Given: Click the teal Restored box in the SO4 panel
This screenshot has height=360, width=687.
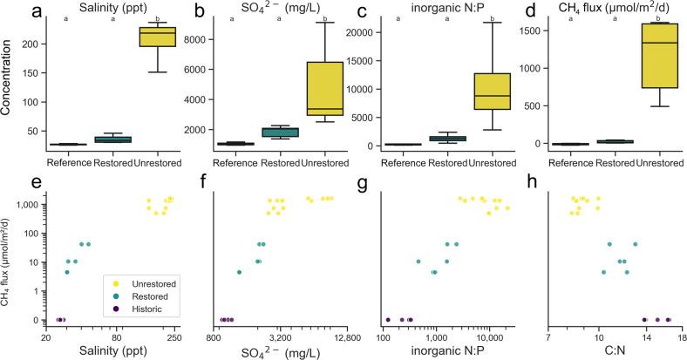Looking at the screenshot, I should pos(282,132).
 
